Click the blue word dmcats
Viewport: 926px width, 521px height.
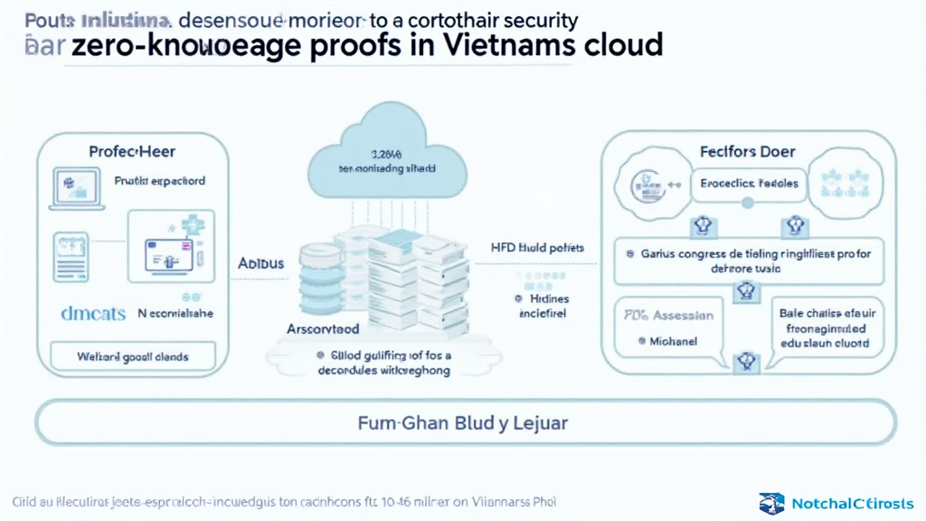tap(91, 314)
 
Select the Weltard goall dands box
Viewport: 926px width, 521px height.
tap(132, 356)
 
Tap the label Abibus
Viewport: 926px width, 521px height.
tap(260, 264)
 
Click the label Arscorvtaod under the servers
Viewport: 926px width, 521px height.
tap(324, 330)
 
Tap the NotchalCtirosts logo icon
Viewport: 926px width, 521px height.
tap(771, 502)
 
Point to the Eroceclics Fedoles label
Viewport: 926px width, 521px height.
tap(749, 183)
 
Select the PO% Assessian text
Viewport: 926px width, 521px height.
tap(668, 315)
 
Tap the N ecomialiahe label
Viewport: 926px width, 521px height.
tap(175, 314)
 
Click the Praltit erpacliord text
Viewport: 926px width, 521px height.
tap(159, 181)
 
